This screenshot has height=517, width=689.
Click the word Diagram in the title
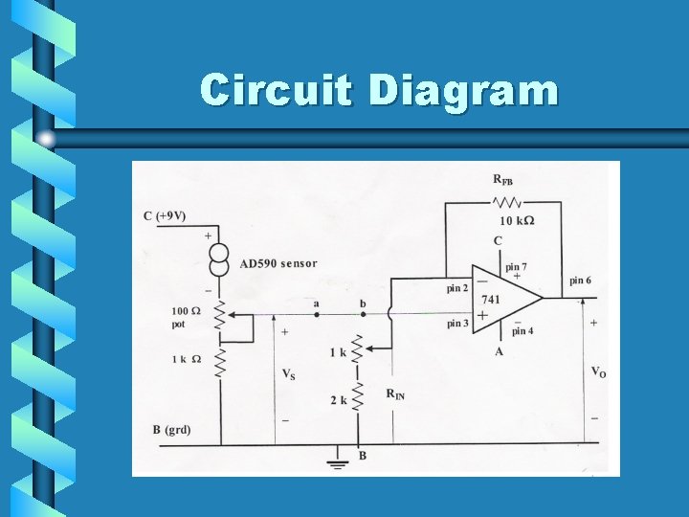pyautogui.click(x=462, y=91)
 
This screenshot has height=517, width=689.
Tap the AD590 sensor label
pyautogui.click(x=278, y=263)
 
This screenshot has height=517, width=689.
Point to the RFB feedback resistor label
pyautogui.click(x=502, y=180)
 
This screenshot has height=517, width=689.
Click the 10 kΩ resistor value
pyautogui.click(x=517, y=221)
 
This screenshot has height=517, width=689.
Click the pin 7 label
pyautogui.click(x=517, y=266)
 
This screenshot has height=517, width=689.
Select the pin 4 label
pyautogui.click(x=522, y=332)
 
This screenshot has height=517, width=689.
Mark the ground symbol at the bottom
pyautogui.click(x=336, y=465)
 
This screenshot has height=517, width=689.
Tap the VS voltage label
pyautogui.click(x=288, y=374)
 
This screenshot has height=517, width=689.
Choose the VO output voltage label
pyautogui.click(x=598, y=372)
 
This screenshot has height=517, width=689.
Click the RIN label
pyautogui.click(x=395, y=393)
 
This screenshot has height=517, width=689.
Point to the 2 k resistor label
pyautogui.click(x=339, y=400)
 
